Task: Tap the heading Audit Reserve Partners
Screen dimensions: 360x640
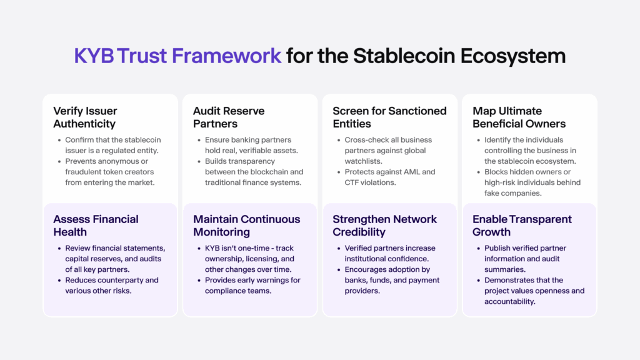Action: click(229, 117)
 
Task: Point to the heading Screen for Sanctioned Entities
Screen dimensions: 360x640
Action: click(389, 117)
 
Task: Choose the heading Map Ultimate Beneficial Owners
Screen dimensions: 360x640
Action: click(519, 117)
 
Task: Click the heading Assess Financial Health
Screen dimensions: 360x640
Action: click(96, 225)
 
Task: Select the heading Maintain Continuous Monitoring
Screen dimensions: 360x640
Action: click(246, 225)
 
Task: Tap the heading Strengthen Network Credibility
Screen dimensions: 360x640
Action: click(384, 225)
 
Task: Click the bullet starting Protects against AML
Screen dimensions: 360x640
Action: click(389, 177)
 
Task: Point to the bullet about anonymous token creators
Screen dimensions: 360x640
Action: click(109, 172)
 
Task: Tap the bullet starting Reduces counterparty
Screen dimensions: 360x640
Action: click(111, 286)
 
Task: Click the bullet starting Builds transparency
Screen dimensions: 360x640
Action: click(254, 177)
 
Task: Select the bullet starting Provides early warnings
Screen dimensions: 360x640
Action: click(252, 286)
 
